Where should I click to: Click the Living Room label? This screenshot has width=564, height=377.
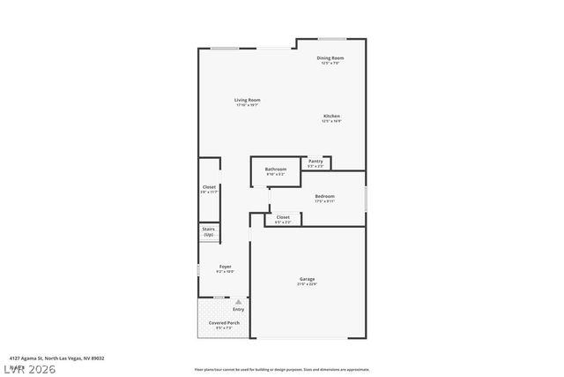click(247, 100)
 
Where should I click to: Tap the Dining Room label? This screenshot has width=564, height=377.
click(330, 58)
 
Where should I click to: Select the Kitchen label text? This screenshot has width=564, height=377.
click(331, 117)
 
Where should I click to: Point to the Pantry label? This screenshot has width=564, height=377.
click(315, 161)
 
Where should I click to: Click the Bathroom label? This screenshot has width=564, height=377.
click(276, 169)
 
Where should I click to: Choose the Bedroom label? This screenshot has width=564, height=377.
click(324, 196)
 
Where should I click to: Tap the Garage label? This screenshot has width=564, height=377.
click(307, 279)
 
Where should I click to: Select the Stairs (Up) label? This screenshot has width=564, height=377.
click(209, 232)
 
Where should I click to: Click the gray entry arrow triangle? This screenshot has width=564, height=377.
click(238, 301)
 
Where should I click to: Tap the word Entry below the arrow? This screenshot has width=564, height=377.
click(238, 309)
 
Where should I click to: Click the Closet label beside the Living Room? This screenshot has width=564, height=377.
click(209, 187)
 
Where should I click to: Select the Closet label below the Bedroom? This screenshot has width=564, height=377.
click(283, 216)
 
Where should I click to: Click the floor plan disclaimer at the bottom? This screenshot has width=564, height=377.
click(282, 368)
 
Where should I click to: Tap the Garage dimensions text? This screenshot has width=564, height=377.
click(307, 284)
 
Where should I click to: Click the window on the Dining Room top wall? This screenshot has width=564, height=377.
click(331, 38)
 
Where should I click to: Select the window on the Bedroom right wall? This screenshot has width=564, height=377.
click(366, 198)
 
